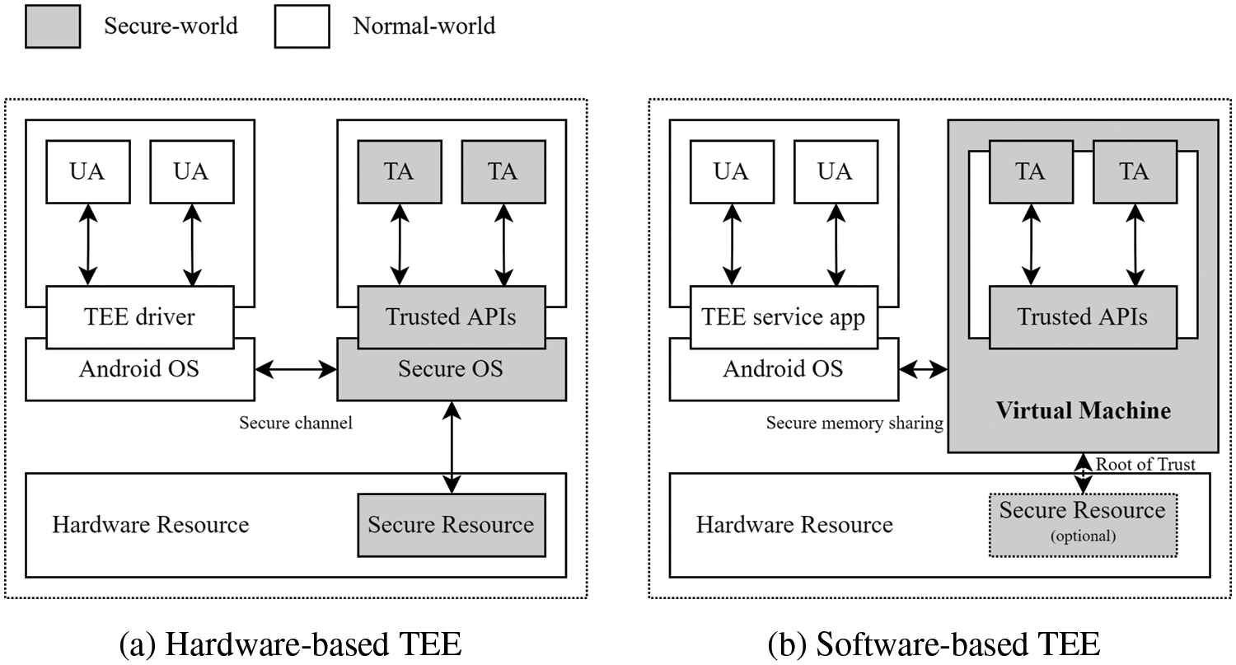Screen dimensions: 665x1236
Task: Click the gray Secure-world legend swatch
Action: tap(53, 26)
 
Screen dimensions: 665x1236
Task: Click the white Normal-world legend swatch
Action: tap(302, 26)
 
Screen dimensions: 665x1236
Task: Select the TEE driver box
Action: tap(139, 316)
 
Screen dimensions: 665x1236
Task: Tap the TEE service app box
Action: tap(783, 316)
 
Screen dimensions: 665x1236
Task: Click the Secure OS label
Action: tap(451, 368)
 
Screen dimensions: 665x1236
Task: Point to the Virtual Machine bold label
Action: tap(1083, 410)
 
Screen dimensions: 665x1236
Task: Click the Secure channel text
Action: tap(296, 423)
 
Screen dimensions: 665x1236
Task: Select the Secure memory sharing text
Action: tap(854, 423)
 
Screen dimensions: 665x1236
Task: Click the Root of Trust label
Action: tap(1145, 464)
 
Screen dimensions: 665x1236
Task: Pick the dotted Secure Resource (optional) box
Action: tap(1083, 524)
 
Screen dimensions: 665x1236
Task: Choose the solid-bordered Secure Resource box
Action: tap(451, 524)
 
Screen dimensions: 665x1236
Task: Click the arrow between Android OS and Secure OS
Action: tap(296, 370)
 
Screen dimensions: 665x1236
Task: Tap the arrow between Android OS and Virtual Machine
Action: tap(924, 370)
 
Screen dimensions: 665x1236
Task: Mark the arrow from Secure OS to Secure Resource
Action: tap(451, 447)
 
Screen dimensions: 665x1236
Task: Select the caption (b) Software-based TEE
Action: tap(934, 643)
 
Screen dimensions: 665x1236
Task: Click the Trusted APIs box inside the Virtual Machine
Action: tap(1082, 316)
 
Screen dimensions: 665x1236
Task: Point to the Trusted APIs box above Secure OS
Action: tap(451, 316)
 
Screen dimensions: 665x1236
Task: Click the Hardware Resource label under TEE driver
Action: tap(151, 524)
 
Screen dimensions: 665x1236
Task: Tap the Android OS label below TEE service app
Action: tap(783, 368)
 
